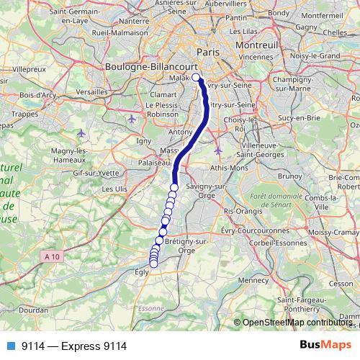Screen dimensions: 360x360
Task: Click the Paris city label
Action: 207,53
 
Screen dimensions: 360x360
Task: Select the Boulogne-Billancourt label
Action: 146,66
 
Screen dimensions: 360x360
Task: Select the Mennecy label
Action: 253,279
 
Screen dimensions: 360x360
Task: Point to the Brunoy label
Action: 290,174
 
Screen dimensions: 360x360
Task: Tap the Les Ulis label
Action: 116,189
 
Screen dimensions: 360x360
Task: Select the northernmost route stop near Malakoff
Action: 196,78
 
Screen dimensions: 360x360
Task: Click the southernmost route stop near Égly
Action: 153,264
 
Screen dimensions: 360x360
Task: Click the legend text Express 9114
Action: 74,346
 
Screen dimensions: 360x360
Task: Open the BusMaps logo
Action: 325,346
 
